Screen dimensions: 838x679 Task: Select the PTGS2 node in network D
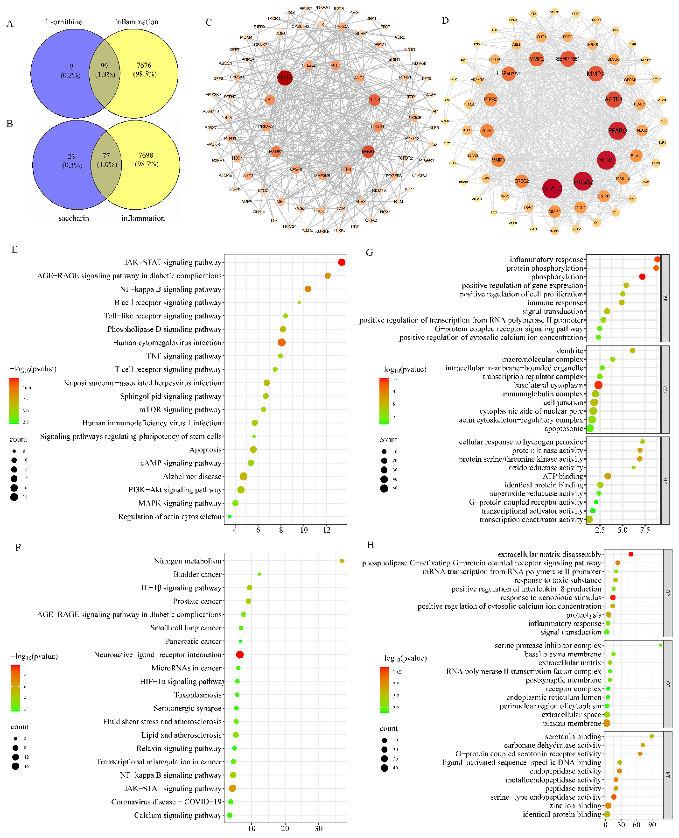coord(583,182)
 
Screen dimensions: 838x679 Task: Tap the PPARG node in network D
coord(617,131)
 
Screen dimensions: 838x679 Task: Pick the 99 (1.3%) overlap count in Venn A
coord(104,70)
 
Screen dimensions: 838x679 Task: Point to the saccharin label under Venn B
coord(74,218)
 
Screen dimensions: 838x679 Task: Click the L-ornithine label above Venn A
coord(64,22)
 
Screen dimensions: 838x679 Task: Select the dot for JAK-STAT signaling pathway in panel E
coord(342,262)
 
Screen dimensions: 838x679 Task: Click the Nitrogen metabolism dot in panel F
coord(342,561)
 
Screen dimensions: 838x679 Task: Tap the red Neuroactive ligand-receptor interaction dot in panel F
coord(240,655)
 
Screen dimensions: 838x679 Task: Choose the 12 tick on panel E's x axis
coord(327,530)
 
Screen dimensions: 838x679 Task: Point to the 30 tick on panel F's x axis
coord(318,828)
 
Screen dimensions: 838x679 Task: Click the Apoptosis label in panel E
coord(205,450)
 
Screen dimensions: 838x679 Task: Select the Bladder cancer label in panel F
coord(197,574)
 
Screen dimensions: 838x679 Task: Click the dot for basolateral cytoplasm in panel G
coord(598,385)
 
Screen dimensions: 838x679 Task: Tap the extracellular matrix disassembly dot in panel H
coord(631,554)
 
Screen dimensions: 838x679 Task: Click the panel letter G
coord(370,253)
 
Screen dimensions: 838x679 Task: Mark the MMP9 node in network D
coord(595,74)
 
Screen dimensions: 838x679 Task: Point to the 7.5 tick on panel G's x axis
coord(645,530)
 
